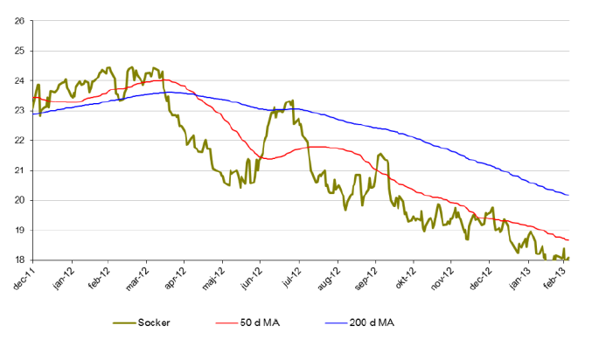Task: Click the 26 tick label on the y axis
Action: pos(19,21)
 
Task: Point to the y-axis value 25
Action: pos(19,51)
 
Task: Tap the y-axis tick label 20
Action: pos(19,200)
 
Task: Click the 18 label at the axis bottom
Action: pos(19,260)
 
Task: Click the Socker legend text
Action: pos(154,322)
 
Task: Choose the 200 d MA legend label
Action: pos(374,322)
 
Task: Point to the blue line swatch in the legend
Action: pos(338,322)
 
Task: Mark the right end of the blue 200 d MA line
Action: pos(569,195)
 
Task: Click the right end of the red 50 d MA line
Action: pos(569,240)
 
